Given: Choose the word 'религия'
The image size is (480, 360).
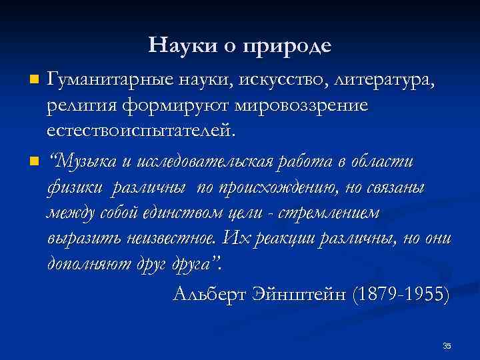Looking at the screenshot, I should point(80,105).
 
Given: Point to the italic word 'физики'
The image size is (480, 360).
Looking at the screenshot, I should point(74,187).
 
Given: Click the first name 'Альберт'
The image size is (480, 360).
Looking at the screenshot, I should point(208,293).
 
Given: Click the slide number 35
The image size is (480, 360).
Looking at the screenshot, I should point(446,345).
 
